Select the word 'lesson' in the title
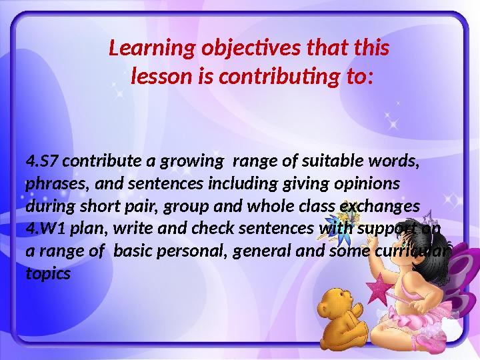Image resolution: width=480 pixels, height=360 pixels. click(159, 79)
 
